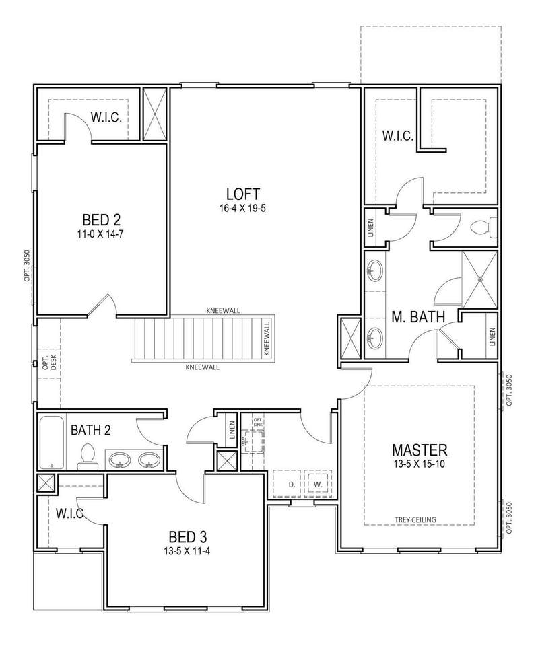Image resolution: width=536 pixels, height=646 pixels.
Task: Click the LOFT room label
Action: tap(243, 194)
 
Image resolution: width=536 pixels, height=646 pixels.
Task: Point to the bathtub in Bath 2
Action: tap(52, 443)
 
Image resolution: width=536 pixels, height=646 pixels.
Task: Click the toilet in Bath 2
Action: tap(87, 456)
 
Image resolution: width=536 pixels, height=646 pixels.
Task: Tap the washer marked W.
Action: tap(317, 484)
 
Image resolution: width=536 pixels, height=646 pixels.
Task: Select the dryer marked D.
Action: tap(291, 484)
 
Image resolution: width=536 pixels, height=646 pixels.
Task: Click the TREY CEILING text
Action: tap(415, 519)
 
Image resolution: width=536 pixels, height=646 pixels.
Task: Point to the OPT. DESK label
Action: tap(49, 363)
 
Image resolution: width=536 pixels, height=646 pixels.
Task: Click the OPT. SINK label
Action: tap(258, 421)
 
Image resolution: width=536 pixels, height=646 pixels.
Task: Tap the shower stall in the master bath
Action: tap(480, 279)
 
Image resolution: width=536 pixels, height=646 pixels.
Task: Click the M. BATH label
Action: tap(418, 316)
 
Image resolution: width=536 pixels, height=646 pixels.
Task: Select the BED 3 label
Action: tap(188, 537)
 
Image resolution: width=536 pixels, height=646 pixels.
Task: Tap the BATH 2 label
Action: tap(91, 430)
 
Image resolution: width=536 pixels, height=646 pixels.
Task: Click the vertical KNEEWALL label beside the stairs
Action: tap(267, 338)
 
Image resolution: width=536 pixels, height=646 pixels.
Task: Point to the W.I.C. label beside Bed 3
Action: tap(71, 513)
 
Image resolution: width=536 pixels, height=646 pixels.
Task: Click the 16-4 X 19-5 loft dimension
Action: tap(242, 209)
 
